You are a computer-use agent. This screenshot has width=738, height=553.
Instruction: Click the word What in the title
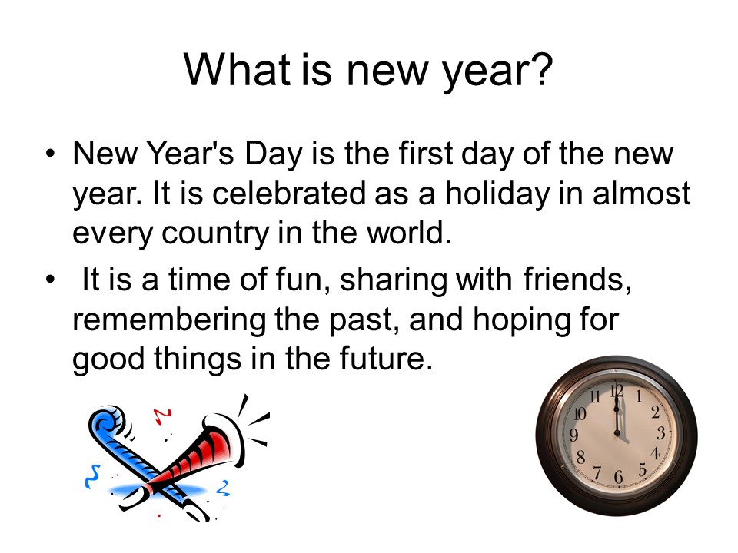click(237, 70)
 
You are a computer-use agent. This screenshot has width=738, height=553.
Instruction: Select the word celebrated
click(289, 194)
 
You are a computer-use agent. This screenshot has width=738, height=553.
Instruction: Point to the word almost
click(641, 194)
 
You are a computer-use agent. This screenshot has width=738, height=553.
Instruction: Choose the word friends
click(577, 280)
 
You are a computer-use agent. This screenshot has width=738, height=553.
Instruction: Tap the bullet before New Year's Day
click(51, 154)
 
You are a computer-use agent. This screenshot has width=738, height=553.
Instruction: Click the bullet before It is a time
click(51, 280)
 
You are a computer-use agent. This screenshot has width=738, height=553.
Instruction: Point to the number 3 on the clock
click(661, 432)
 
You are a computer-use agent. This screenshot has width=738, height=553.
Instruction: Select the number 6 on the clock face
click(618, 477)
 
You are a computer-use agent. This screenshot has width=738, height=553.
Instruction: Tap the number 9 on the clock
click(573, 435)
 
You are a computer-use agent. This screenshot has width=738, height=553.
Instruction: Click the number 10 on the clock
click(580, 413)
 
